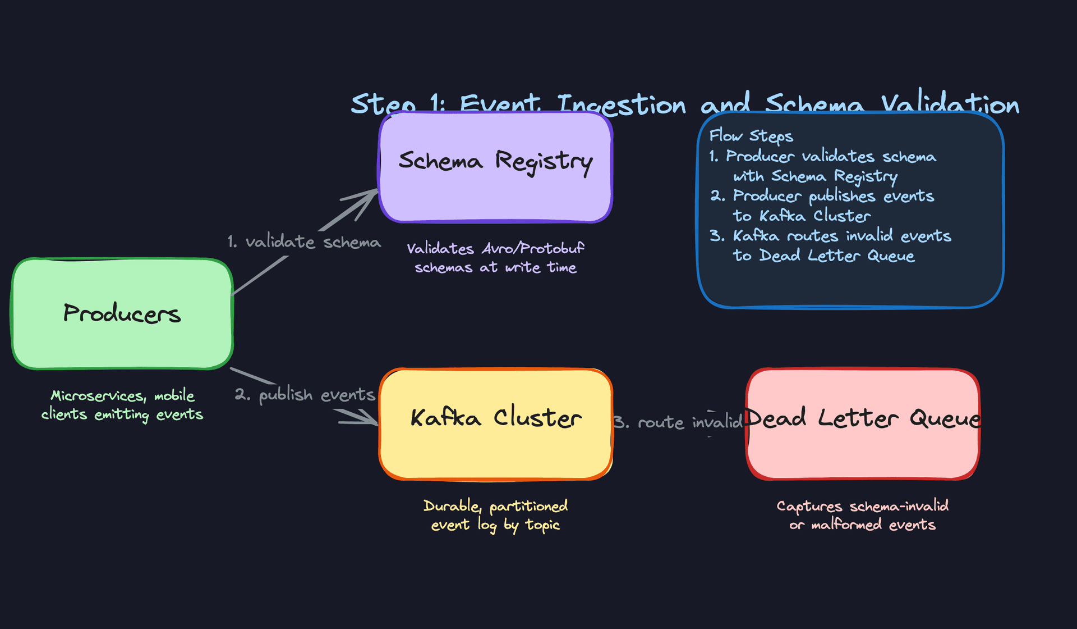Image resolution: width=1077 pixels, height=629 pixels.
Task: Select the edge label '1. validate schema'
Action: tap(304, 242)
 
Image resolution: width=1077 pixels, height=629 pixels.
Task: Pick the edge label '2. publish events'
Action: tap(305, 395)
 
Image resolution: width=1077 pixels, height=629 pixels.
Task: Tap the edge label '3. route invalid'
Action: tap(678, 422)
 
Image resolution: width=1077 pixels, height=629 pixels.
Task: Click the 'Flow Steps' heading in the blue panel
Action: tap(751, 136)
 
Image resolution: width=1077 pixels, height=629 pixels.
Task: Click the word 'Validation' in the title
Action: tap(950, 104)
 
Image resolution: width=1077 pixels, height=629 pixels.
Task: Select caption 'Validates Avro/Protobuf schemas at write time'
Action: tap(495, 258)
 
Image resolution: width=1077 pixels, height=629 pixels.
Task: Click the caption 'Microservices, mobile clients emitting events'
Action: tap(122, 405)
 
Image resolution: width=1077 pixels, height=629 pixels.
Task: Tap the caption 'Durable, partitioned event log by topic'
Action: tap(495, 515)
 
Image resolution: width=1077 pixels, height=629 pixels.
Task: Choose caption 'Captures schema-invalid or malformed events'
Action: tap(862, 515)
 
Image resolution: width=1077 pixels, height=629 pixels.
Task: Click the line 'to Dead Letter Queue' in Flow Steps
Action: tap(823, 256)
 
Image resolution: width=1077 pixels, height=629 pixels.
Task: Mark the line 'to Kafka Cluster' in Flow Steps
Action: tap(802, 216)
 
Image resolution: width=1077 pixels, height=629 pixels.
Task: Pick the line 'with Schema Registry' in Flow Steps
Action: tap(815, 176)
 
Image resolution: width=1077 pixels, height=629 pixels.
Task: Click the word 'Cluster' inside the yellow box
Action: tap(537, 418)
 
